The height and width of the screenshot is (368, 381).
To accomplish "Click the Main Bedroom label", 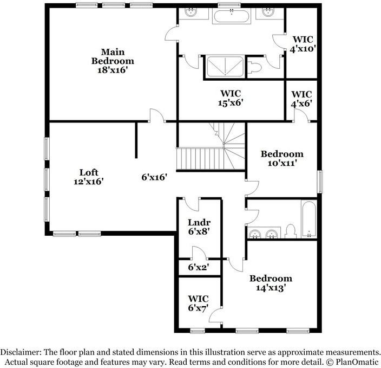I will [112, 61].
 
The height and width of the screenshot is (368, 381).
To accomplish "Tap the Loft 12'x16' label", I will [88, 177].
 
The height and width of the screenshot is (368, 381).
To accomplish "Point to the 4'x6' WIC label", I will [301, 98].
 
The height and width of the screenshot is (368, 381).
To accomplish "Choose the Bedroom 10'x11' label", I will [282, 158].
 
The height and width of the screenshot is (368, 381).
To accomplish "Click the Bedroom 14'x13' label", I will [271, 283].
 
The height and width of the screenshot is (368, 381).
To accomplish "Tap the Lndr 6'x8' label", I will [199, 227].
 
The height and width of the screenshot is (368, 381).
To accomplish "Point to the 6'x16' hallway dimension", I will [154, 177].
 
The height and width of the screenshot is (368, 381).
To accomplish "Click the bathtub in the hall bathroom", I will [309, 219].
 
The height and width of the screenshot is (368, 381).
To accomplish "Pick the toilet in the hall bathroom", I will [290, 231].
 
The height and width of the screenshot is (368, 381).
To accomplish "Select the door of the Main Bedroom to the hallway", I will [156, 114].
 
